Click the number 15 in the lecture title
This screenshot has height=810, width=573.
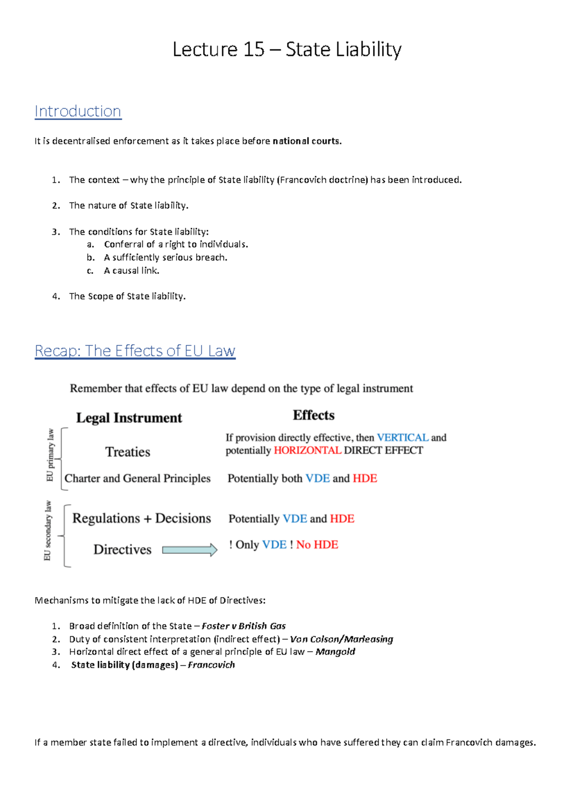[253, 50]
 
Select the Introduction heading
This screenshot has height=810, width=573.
[78, 111]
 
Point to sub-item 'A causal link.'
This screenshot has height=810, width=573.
[131, 270]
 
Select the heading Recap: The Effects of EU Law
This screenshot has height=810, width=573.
[135, 351]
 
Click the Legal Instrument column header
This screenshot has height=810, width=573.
[129, 418]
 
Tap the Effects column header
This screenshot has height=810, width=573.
[313, 415]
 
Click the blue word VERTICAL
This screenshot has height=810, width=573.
[402, 437]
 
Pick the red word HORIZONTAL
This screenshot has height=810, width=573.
[307, 450]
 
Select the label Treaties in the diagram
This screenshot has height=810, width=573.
[127, 452]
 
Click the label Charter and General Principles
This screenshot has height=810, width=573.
[138, 478]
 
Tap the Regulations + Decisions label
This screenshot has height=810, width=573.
[141, 519]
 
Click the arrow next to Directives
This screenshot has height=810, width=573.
[190, 550]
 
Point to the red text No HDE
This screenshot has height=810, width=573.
[317, 545]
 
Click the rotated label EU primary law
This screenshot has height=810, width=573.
[50, 456]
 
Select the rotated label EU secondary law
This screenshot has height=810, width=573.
[48, 530]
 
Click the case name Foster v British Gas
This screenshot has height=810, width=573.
[244, 626]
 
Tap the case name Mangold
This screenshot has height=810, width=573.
[335, 652]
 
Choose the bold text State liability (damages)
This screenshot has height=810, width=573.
[125, 665]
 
